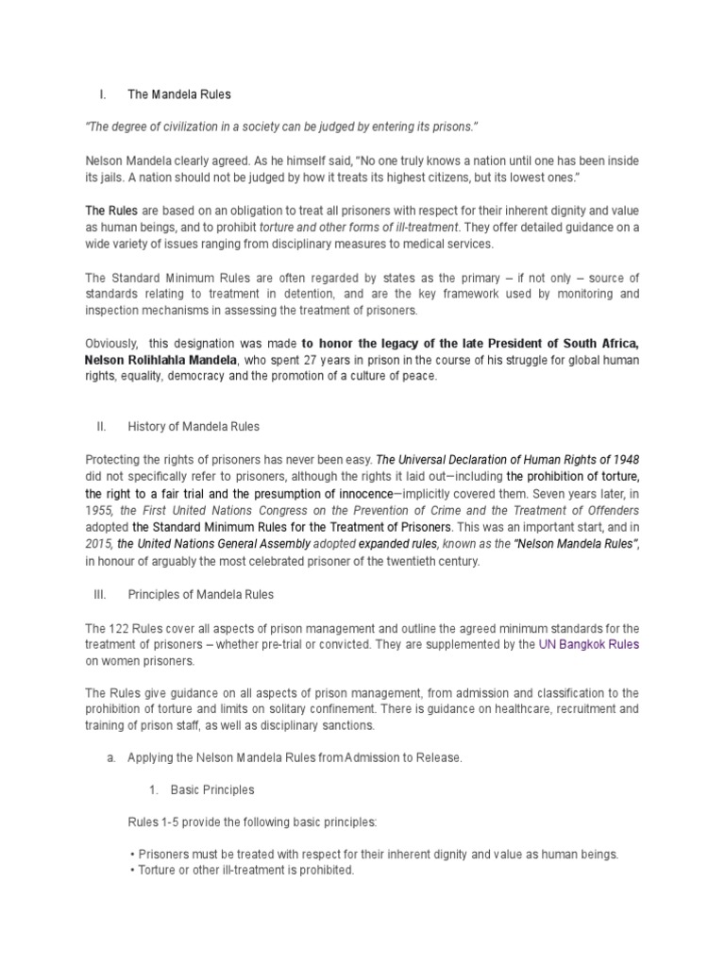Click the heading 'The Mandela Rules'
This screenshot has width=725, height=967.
pos(178,94)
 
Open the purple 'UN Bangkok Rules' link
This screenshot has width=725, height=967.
pos(588,645)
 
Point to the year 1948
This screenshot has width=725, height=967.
pos(636,460)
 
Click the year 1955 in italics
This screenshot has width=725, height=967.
pos(98,511)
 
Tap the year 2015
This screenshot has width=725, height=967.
pos(98,545)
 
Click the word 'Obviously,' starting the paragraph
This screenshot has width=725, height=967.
pos(110,343)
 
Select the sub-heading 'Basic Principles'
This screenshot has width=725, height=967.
pos(211,789)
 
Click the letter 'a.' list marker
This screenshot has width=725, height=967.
pos(110,758)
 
